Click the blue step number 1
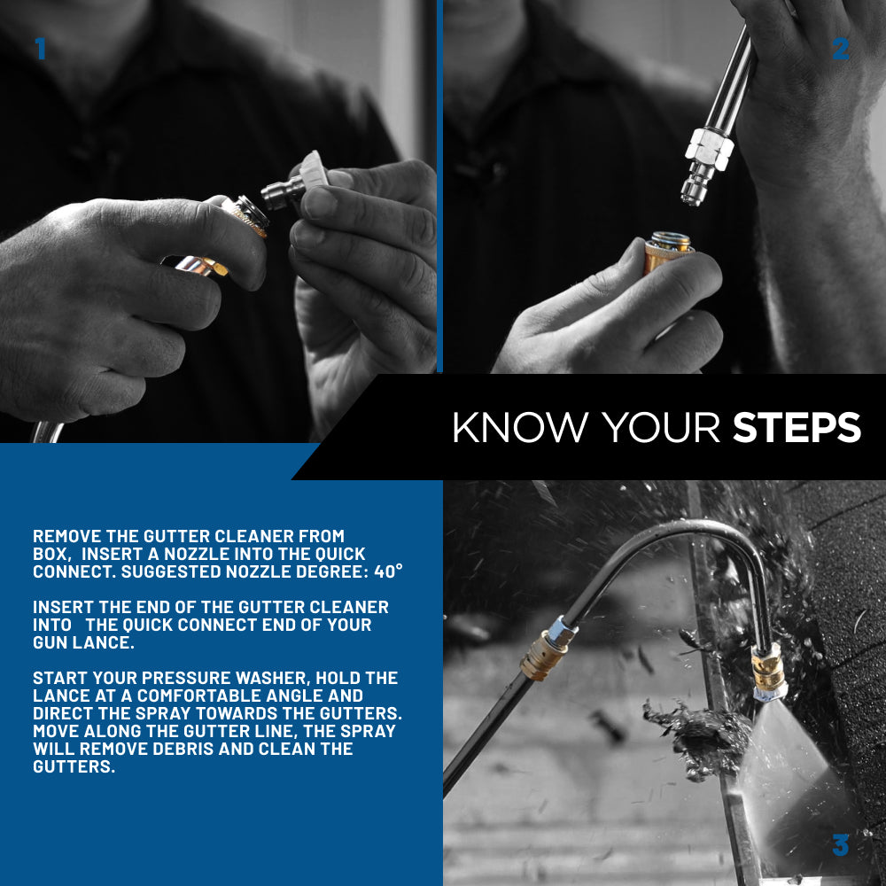coord(40,49)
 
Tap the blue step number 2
coord(840,49)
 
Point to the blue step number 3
coord(840,845)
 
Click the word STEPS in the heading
coord(797,427)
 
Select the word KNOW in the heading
coord(520,427)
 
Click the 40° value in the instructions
coord(388,571)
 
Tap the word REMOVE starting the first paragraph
coord(67,536)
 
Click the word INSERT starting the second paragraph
coord(63,608)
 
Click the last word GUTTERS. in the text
coord(74,766)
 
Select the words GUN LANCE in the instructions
coord(83,643)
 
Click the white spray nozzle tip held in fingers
coord(314,168)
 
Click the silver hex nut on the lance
coord(710,149)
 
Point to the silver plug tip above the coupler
coord(695,185)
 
